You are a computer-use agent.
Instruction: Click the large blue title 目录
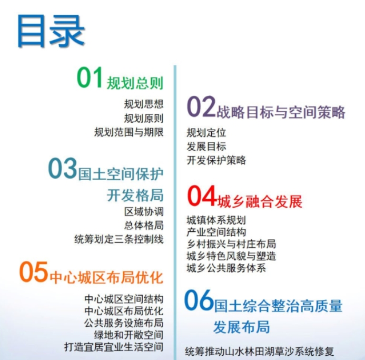51,31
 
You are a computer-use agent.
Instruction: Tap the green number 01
90,77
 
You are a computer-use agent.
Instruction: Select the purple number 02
201,106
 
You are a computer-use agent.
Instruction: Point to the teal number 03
62,168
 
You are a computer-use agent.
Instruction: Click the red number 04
202,195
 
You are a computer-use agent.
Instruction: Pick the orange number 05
34,271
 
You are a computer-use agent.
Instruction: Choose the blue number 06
199,300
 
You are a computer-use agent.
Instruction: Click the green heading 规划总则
135,83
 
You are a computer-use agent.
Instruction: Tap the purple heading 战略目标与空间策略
281,112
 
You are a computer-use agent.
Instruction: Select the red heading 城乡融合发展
260,201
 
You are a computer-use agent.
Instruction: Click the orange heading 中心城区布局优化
106,278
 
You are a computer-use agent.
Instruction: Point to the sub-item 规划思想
144,104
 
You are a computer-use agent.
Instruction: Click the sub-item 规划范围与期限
129,132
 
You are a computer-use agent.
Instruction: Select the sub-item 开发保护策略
216,160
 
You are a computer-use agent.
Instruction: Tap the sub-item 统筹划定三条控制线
119,239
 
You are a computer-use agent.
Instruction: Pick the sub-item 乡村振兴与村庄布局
231,244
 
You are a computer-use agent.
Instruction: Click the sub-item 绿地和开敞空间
129,335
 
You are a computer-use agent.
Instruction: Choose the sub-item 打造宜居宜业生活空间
114,347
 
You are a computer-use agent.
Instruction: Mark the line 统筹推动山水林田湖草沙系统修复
260,352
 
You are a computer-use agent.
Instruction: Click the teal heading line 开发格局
135,195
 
